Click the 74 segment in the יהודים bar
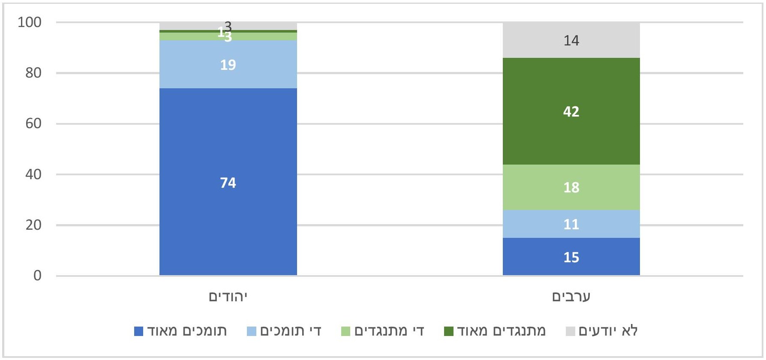click(x=228, y=182)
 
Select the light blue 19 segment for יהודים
click(x=228, y=64)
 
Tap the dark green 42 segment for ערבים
click(x=571, y=111)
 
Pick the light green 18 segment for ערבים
click(x=571, y=187)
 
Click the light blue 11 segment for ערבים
click(x=571, y=224)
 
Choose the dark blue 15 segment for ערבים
click(x=571, y=257)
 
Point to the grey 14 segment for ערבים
click(x=571, y=40)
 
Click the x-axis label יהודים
click(x=228, y=297)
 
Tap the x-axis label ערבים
click(x=571, y=297)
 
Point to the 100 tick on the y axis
click(x=30, y=22)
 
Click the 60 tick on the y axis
click(x=33, y=123)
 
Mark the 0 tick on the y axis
click(x=38, y=276)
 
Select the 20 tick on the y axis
click(x=33, y=225)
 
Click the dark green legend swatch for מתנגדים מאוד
click(x=448, y=331)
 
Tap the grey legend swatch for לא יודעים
click(x=570, y=331)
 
